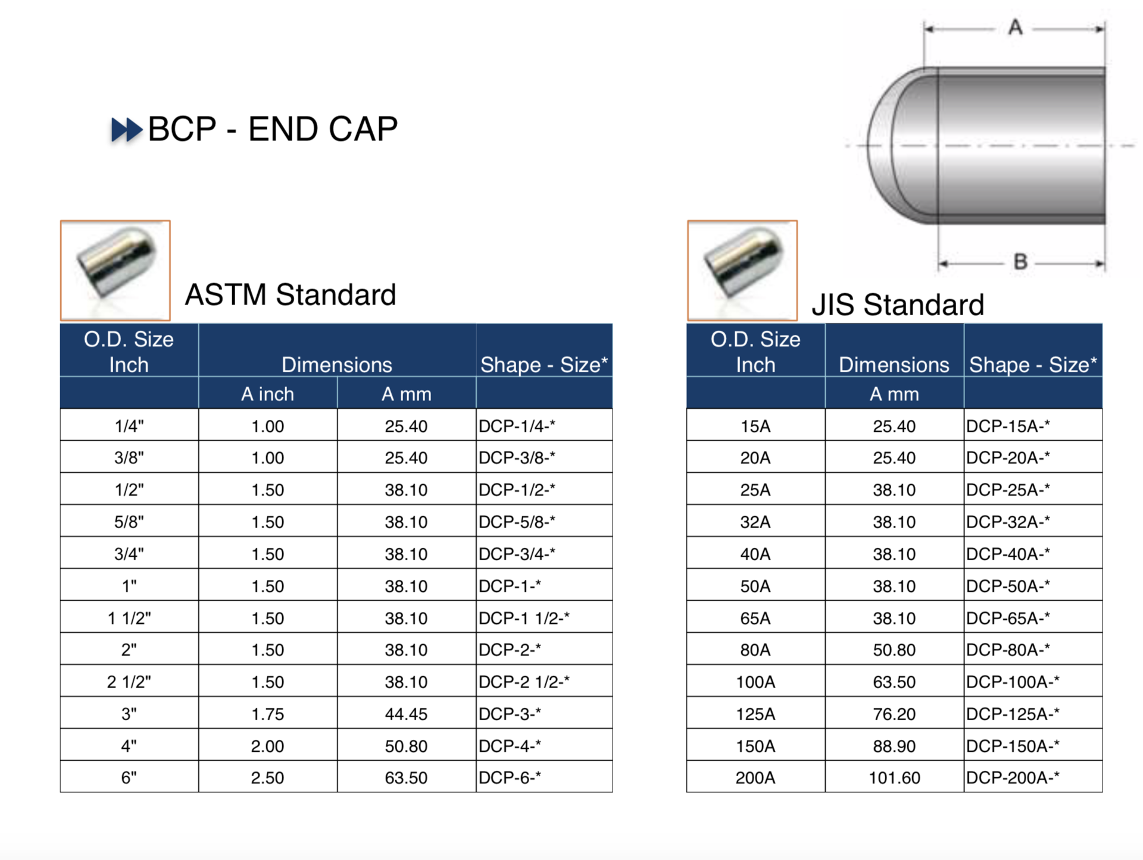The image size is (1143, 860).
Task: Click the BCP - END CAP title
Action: (273, 129)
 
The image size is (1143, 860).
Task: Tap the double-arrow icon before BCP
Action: (127, 130)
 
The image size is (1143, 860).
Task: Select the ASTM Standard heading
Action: (291, 294)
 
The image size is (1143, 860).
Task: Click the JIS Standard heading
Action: (898, 305)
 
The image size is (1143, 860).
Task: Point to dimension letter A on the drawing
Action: (1015, 27)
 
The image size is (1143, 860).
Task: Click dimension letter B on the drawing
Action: (1020, 262)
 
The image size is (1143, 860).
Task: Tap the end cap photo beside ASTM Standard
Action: (115, 271)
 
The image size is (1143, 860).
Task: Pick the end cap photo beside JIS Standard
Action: (742, 271)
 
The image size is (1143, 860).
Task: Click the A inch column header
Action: (268, 394)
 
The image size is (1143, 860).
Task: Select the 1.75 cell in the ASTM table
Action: (268, 714)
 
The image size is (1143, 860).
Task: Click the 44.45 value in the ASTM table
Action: (406, 714)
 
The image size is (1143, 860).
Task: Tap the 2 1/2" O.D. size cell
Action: (129, 682)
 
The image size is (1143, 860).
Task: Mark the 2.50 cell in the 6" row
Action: (268, 777)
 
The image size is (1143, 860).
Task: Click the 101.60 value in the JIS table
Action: (894, 777)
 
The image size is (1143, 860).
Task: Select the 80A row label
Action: (755, 649)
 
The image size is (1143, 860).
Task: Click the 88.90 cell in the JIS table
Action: (894, 746)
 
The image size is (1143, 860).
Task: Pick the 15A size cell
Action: (755, 426)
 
